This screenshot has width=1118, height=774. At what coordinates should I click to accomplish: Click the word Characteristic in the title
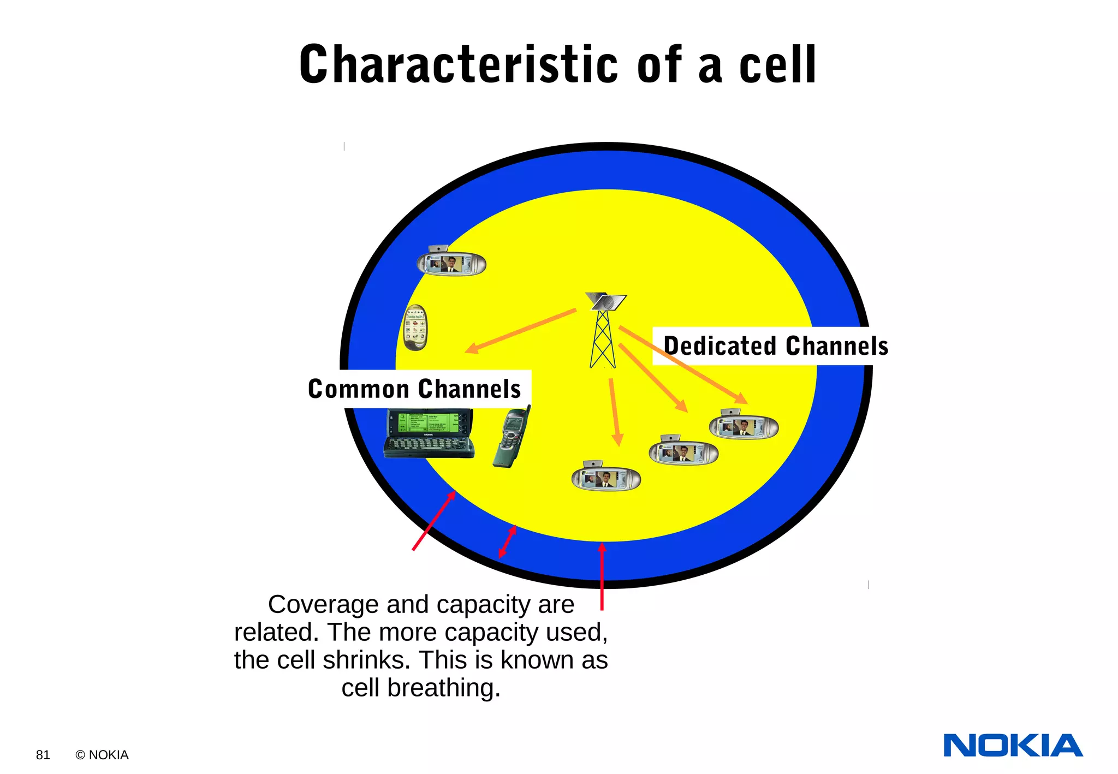click(x=458, y=64)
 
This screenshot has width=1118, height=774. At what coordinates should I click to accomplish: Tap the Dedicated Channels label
click(x=775, y=346)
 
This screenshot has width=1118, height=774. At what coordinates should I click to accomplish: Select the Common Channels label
click(x=414, y=389)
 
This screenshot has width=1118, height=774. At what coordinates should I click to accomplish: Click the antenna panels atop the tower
click(x=606, y=301)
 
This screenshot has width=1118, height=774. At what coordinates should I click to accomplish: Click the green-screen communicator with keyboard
click(x=429, y=433)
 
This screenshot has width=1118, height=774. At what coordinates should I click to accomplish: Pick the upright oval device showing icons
click(x=415, y=328)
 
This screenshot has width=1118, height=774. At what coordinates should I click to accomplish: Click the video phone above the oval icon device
click(x=451, y=263)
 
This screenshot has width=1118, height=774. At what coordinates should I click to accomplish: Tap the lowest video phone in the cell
click(x=606, y=477)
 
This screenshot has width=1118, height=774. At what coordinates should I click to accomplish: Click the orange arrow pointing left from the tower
click(x=520, y=331)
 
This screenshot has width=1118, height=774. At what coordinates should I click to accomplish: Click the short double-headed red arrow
click(x=508, y=541)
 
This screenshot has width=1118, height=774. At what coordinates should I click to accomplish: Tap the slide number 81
click(x=43, y=755)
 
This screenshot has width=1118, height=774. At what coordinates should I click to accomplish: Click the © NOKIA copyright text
click(x=102, y=755)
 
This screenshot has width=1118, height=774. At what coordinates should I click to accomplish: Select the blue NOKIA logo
click(x=1013, y=746)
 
